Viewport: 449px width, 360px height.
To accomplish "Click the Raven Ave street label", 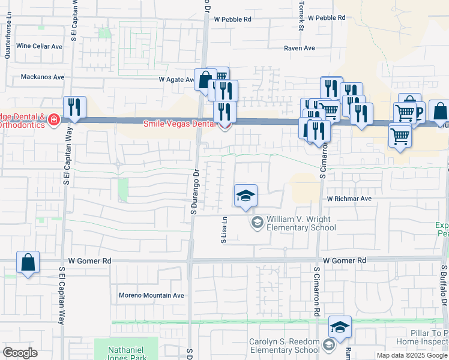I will pyautogui.click(x=300, y=48).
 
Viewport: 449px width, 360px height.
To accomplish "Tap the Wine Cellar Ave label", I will pyautogui.click(x=40, y=46).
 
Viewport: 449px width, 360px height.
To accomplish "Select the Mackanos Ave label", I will pyautogui.click(x=42, y=77).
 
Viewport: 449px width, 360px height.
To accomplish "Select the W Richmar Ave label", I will pyautogui.click(x=349, y=199).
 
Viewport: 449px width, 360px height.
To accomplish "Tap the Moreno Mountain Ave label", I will pyautogui.click(x=151, y=295).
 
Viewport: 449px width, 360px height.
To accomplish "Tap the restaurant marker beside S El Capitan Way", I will pyautogui.click(x=74, y=107).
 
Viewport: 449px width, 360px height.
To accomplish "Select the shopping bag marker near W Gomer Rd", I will pyautogui.click(x=28, y=262).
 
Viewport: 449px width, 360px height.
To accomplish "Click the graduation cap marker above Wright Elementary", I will pyautogui.click(x=246, y=196).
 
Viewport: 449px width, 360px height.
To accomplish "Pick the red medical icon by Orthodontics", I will pyautogui.click(x=54, y=120).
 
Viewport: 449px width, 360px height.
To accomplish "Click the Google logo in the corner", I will pyautogui.click(x=20, y=353).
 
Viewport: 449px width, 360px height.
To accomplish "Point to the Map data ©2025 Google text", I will pyautogui.click(x=411, y=355).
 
